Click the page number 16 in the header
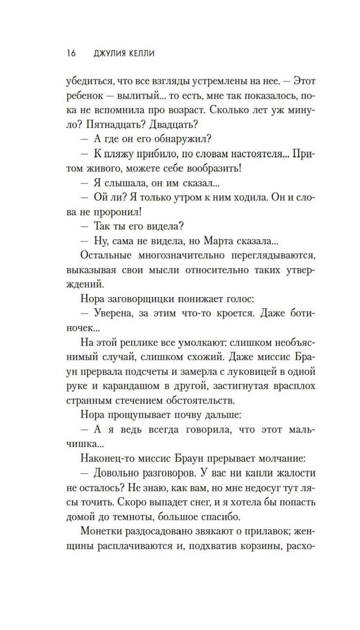click(71, 53)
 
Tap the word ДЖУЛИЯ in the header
click(109, 53)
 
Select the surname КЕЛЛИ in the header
click(141, 53)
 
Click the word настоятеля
click(256, 154)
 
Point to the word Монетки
click(101, 531)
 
